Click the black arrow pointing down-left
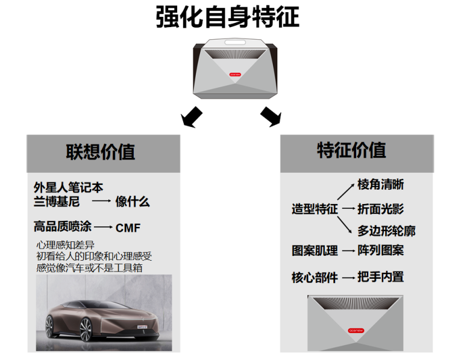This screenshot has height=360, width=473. pyautogui.click(x=192, y=116)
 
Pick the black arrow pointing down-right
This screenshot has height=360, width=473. pyautogui.click(x=271, y=115)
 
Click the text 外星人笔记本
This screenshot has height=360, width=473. pyautogui.click(x=68, y=187)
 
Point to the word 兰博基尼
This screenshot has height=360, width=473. pyautogui.click(x=57, y=202)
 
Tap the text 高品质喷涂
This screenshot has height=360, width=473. pyautogui.click(x=63, y=226)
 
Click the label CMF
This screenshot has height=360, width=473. pyautogui.click(x=127, y=228)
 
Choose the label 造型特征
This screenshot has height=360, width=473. pyautogui.click(x=315, y=209)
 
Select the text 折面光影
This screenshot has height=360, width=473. pyautogui.click(x=380, y=209)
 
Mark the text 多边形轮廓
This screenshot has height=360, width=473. pyautogui.click(x=386, y=231)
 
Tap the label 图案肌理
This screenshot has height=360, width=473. pyautogui.click(x=315, y=250)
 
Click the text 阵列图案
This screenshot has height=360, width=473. pyautogui.click(x=380, y=250)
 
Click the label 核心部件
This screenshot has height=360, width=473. pyautogui.click(x=315, y=278)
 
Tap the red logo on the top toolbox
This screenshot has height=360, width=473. pyautogui.click(x=236, y=75)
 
